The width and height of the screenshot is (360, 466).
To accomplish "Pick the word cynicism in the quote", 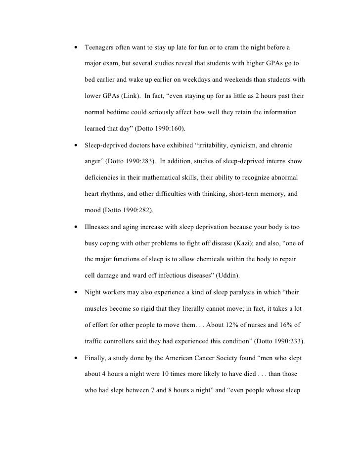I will point(246,146).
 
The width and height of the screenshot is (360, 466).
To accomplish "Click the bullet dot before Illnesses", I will point(75,228).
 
